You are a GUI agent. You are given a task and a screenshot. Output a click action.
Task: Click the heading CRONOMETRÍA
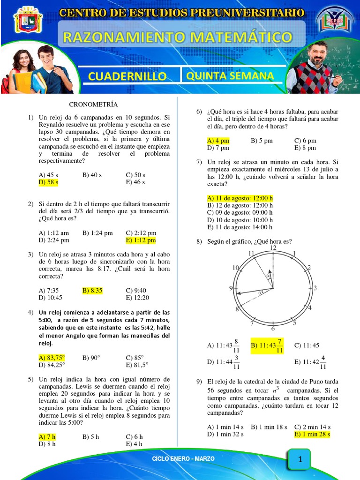[x=93, y=104]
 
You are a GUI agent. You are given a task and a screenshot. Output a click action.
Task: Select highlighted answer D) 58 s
[x=48, y=182]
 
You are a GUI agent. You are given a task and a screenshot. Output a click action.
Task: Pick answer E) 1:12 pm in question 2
[x=141, y=240]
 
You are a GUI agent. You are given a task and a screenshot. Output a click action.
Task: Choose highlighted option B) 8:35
[x=92, y=290]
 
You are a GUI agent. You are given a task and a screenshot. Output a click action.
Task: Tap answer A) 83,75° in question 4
[x=52, y=358]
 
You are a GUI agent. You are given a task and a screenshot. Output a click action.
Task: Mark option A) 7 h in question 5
[x=47, y=436]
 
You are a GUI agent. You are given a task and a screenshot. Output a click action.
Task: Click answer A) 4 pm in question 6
[x=218, y=140]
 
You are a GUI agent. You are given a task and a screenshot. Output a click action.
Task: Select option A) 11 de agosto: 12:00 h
[x=240, y=198]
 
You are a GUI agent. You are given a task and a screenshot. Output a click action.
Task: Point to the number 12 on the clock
[x=273, y=247]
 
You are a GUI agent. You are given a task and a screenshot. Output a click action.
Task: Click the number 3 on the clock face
[x=315, y=288]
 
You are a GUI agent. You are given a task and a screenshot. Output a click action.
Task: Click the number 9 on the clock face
[x=231, y=288]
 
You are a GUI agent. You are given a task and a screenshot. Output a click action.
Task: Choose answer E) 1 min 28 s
[x=312, y=434]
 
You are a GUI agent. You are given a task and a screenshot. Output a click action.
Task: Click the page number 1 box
[x=300, y=460]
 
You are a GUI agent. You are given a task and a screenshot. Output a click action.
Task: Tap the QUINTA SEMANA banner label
[x=230, y=75]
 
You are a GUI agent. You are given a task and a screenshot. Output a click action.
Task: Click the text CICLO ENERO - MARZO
[x=183, y=458]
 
